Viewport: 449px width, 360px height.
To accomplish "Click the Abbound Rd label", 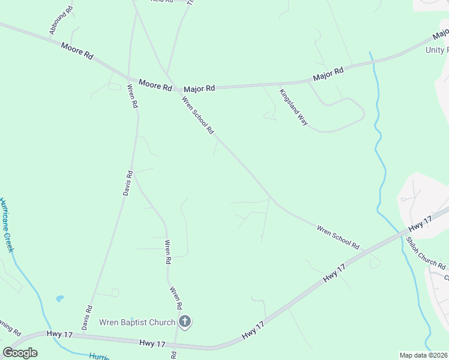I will (x=61, y=19).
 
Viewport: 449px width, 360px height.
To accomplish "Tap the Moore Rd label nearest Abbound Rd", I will (x=77, y=50).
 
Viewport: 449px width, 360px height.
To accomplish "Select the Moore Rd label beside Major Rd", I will (x=155, y=85).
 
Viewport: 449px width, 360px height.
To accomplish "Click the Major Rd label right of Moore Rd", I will (x=199, y=88).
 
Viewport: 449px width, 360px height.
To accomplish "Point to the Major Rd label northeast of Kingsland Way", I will (x=328, y=74).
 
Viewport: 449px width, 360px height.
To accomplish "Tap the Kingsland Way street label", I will (x=294, y=107).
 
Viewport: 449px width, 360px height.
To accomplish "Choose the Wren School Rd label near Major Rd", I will (x=197, y=115).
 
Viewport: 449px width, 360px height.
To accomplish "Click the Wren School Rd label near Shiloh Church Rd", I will (x=338, y=238).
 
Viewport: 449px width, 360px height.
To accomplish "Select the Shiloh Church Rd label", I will (x=426, y=254).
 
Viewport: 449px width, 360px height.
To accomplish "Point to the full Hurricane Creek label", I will (x=7, y=225).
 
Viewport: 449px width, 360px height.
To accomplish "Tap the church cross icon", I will (x=185, y=322).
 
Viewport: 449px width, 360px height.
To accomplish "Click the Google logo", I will (x=20, y=353).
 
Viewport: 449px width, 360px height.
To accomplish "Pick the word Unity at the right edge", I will (x=437, y=50).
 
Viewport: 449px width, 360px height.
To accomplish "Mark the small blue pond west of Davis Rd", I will (x=59, y=298).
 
